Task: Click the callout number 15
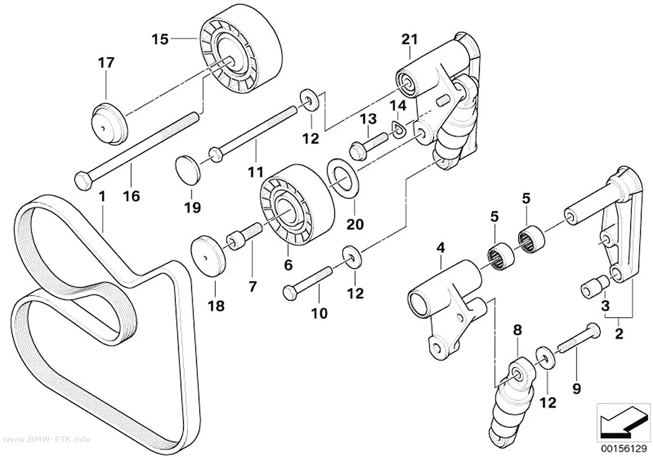click(160, 39)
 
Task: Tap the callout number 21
click(409, 39)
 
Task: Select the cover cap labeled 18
click(208, 256)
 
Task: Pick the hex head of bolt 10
click(290, 291)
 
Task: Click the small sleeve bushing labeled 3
click(595, 289)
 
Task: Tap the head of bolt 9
click(593, 331)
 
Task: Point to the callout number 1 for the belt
click(102, 196)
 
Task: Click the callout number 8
click(517, 330)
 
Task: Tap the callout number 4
click(440, 248)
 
